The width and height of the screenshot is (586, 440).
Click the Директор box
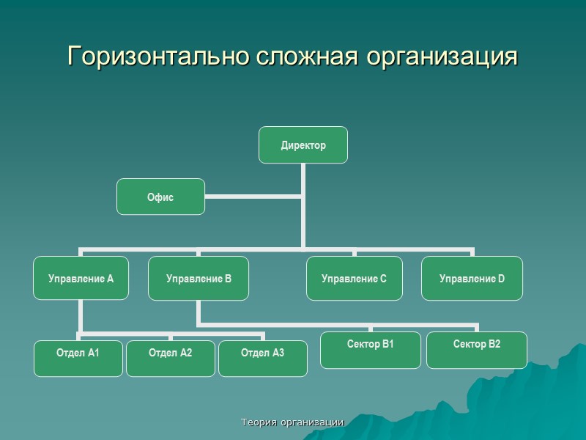tap(303, 145)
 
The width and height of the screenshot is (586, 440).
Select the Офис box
tap(161, 197)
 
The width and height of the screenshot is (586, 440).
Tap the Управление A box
tap(81, 278)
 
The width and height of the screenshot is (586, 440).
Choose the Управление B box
tap(199, 278)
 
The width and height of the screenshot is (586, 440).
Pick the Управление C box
tap(355, 278)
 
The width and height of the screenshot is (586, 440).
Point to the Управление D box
tap(472, 278)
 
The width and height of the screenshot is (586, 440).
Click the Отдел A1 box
tap(78, 353)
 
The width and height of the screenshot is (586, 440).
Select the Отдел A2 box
tap(171, 353)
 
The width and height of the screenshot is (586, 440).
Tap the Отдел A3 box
tap(263, 353)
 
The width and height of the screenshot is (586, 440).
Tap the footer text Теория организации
tap(293, 422)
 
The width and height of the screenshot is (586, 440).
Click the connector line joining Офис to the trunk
tap(253, 196)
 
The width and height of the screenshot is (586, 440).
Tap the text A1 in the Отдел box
tap(93, 353)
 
